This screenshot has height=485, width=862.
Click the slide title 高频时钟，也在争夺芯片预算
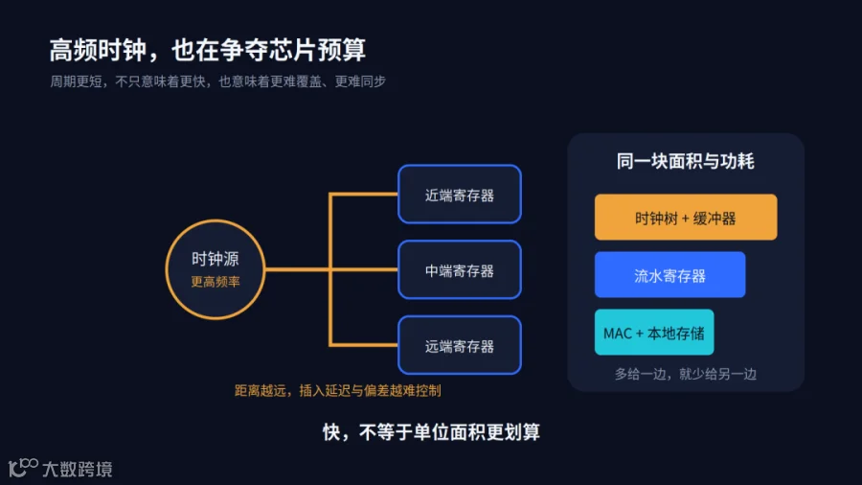tap(207, 50)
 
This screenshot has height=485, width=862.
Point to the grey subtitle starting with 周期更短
tap(217, 81)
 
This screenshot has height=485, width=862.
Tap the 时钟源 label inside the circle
tap(215, 259)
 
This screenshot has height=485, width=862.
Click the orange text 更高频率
tap(215, 282)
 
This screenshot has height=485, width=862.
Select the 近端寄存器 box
tap(460, 195)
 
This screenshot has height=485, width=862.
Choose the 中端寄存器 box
tap(460, 269)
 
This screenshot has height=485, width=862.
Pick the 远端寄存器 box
tap(460, 345)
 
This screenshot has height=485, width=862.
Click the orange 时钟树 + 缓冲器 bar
tap(686, 217)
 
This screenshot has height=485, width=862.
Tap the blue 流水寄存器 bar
tap(669, 274)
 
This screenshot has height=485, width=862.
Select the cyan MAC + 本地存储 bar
tap(654, 333)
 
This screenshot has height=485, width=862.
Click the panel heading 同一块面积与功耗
tap(685, 161)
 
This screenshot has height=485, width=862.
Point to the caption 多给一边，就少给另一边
tap(686, 374)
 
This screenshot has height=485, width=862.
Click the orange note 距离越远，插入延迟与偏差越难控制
tap(337, 390)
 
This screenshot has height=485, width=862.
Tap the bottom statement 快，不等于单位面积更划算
tap(431, 432)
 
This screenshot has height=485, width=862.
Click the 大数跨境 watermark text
tap(78, 469)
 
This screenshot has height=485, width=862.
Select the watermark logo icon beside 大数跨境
tap(23, 468)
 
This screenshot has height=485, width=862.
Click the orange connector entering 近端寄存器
tap(363, 195)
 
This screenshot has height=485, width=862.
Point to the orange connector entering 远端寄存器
tap(363, 345)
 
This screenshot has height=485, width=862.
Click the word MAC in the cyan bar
tap(618, 334)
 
